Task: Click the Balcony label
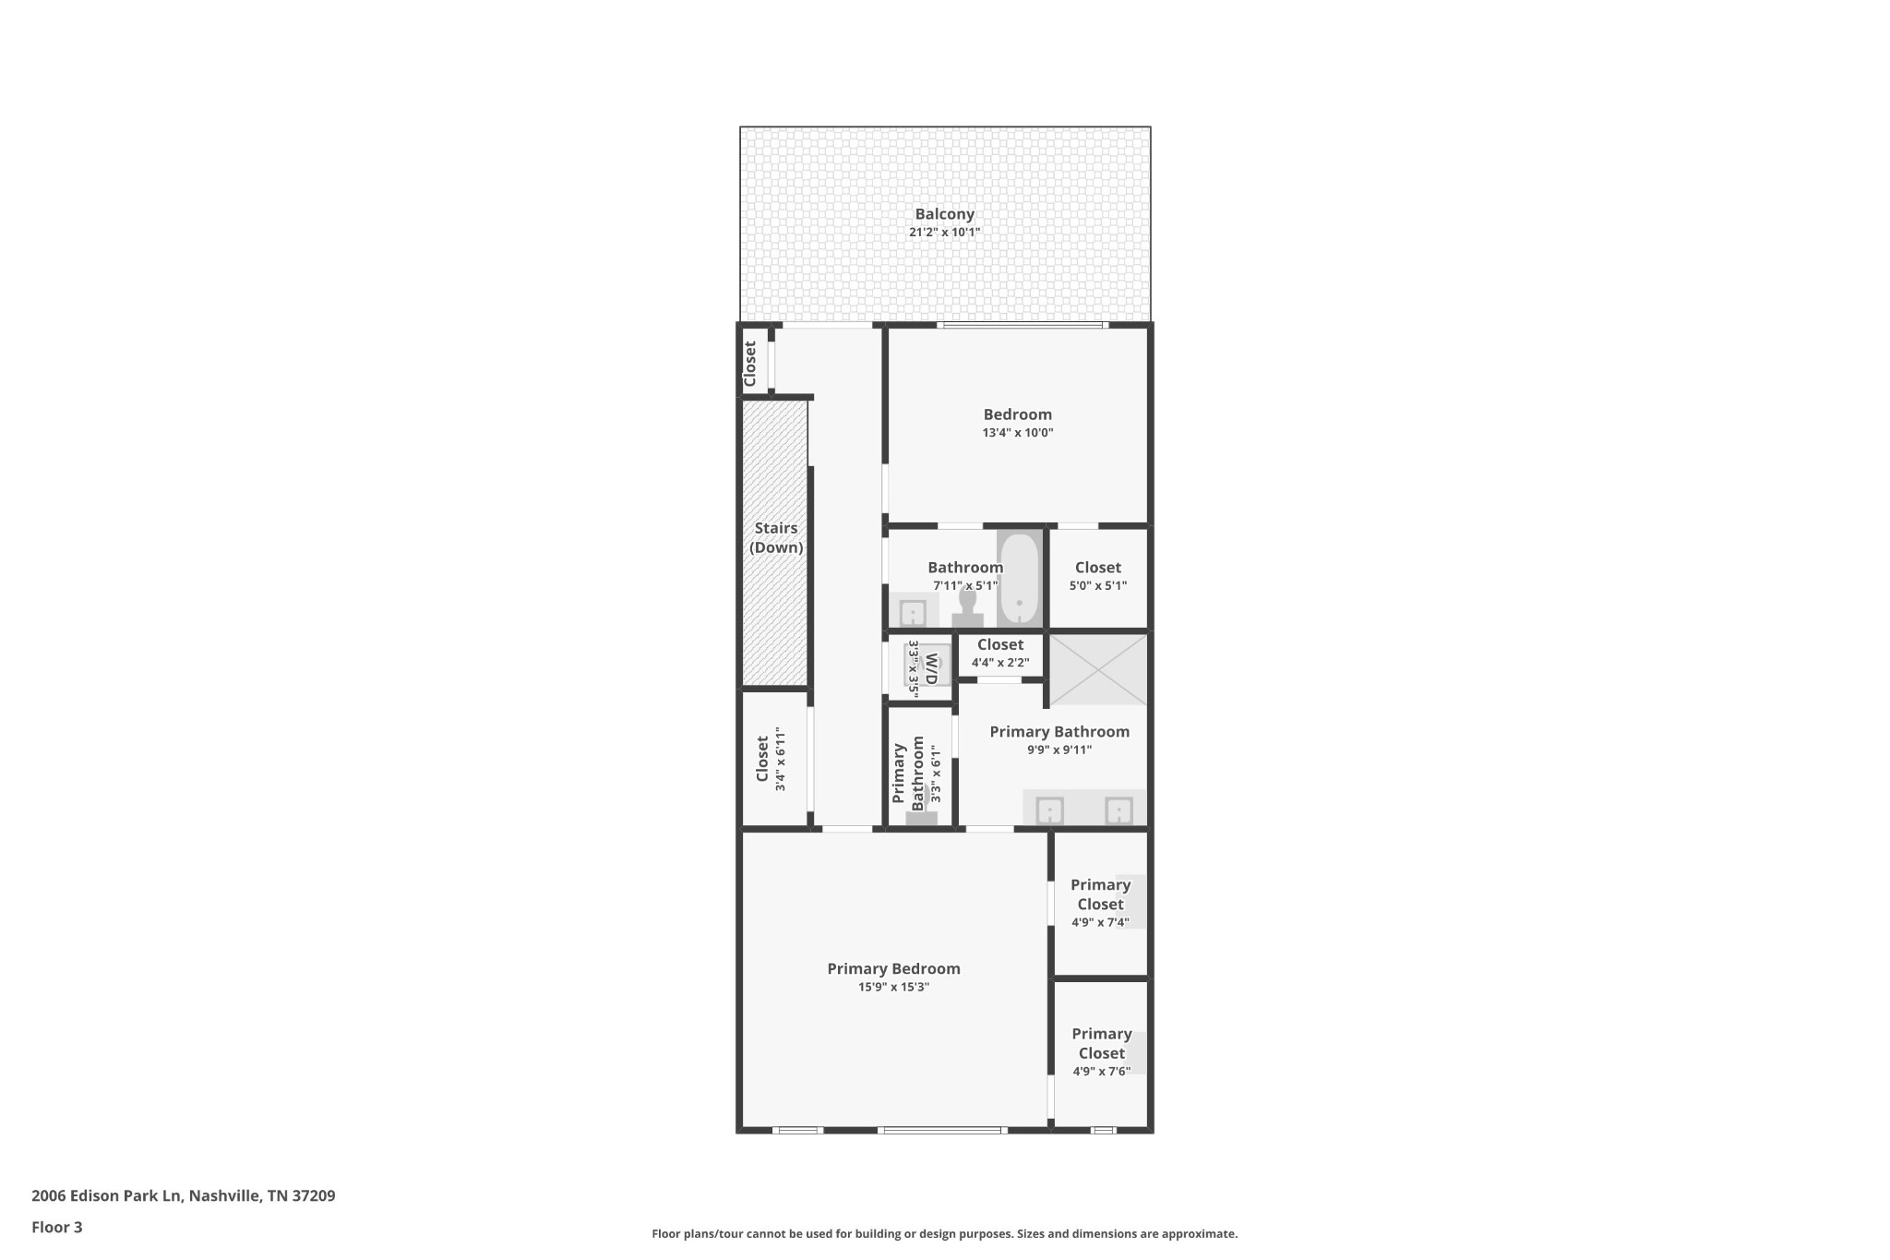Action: [x=944, y=214]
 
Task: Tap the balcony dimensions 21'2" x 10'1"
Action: [x=944, y=233]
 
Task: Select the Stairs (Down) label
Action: [x=776, y=537]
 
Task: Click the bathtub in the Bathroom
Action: [x=1020, y=579]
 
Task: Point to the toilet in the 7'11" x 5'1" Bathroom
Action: [x=967, y=609]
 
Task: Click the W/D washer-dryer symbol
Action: [x=927, y=666]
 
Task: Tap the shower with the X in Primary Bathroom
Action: [x=1098, y=669]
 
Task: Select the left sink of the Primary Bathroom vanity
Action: [x=1050, y=810]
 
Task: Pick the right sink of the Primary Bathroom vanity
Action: [x=1118, y=810]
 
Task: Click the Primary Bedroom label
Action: [x=893, y=968]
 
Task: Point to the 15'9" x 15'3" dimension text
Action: [x=893, y=987]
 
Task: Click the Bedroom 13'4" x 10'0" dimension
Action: [x=1018, y=433]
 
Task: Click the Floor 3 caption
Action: [x=57, y=1227]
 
